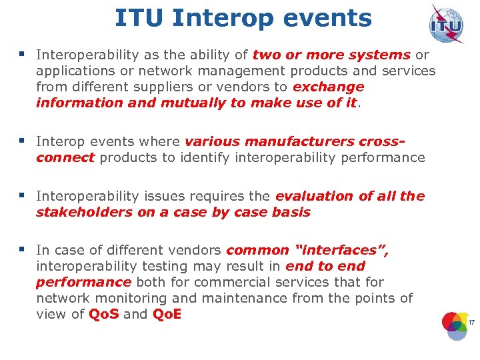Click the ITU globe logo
click(447, 25)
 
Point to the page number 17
click(471, 323)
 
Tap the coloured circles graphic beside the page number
click(456, 325)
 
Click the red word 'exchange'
click(329, 87)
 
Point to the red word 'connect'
click(65, 157)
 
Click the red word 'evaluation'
click(315, 196)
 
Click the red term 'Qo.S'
click(104, 314)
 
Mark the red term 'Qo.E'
click(167, 314)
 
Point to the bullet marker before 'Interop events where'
click(23, 141)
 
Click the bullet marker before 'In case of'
click(23, 249)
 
